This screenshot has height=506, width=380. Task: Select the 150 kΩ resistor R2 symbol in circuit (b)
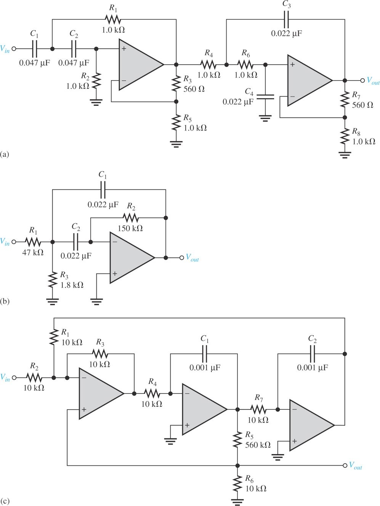(131, 218)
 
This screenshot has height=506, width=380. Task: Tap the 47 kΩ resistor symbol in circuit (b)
(33, 242)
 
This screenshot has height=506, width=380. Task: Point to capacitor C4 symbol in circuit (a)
(265, 95)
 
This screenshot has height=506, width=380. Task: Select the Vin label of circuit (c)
(5, 378)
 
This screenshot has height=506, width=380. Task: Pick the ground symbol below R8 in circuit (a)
(345, 155)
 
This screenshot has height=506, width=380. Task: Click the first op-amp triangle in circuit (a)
(139, 65)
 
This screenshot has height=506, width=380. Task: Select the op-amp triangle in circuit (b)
(130, 258)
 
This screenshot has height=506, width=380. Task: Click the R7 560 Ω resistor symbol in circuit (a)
(345, 99)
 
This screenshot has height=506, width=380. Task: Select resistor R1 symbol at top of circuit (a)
(112, 19)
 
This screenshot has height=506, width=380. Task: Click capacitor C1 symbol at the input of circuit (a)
(34, 49)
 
